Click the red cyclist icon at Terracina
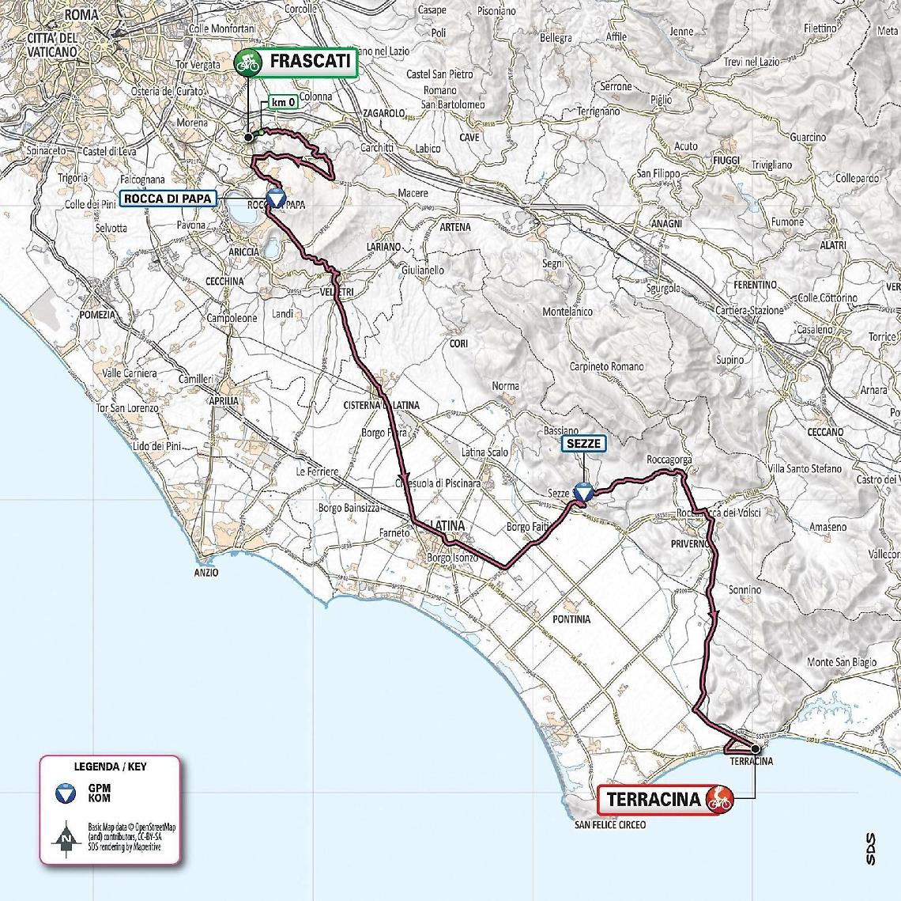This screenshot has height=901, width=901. tap(719, 799)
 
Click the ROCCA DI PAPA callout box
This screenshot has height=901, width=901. tap(168, 198)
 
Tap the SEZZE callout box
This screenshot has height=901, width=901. tap(585, 445)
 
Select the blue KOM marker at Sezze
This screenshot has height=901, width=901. tap(582, 493)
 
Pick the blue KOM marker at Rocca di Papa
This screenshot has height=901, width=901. tap(274, 199)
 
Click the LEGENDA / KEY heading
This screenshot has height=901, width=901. tap(110, 766)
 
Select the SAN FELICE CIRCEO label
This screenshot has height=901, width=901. tap(610, 825)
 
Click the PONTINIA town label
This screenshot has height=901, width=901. tap(571, 619)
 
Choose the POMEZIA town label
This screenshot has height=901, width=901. tap(96, 314)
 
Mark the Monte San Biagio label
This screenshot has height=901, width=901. tap(840, 662)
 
